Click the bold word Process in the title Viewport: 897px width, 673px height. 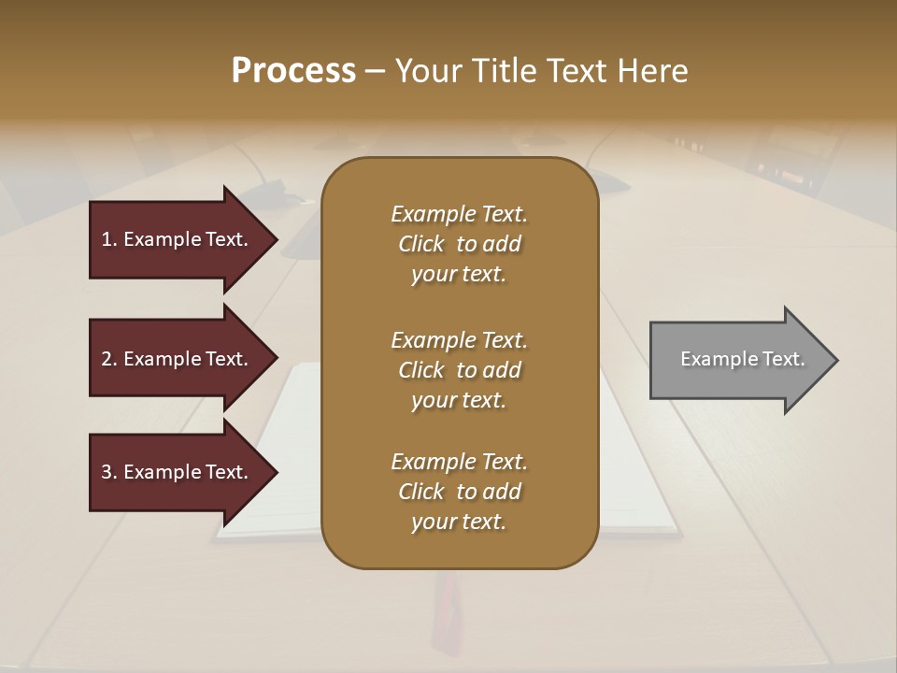(293, 71)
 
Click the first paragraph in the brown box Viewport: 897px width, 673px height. (459, 244)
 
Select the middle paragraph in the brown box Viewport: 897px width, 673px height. (459, 370)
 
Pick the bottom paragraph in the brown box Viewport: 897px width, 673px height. (459, 492)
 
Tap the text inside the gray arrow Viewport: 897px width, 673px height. (743, 359)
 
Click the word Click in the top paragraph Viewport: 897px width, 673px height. (421, 244)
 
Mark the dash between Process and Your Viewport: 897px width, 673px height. (375, 71)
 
